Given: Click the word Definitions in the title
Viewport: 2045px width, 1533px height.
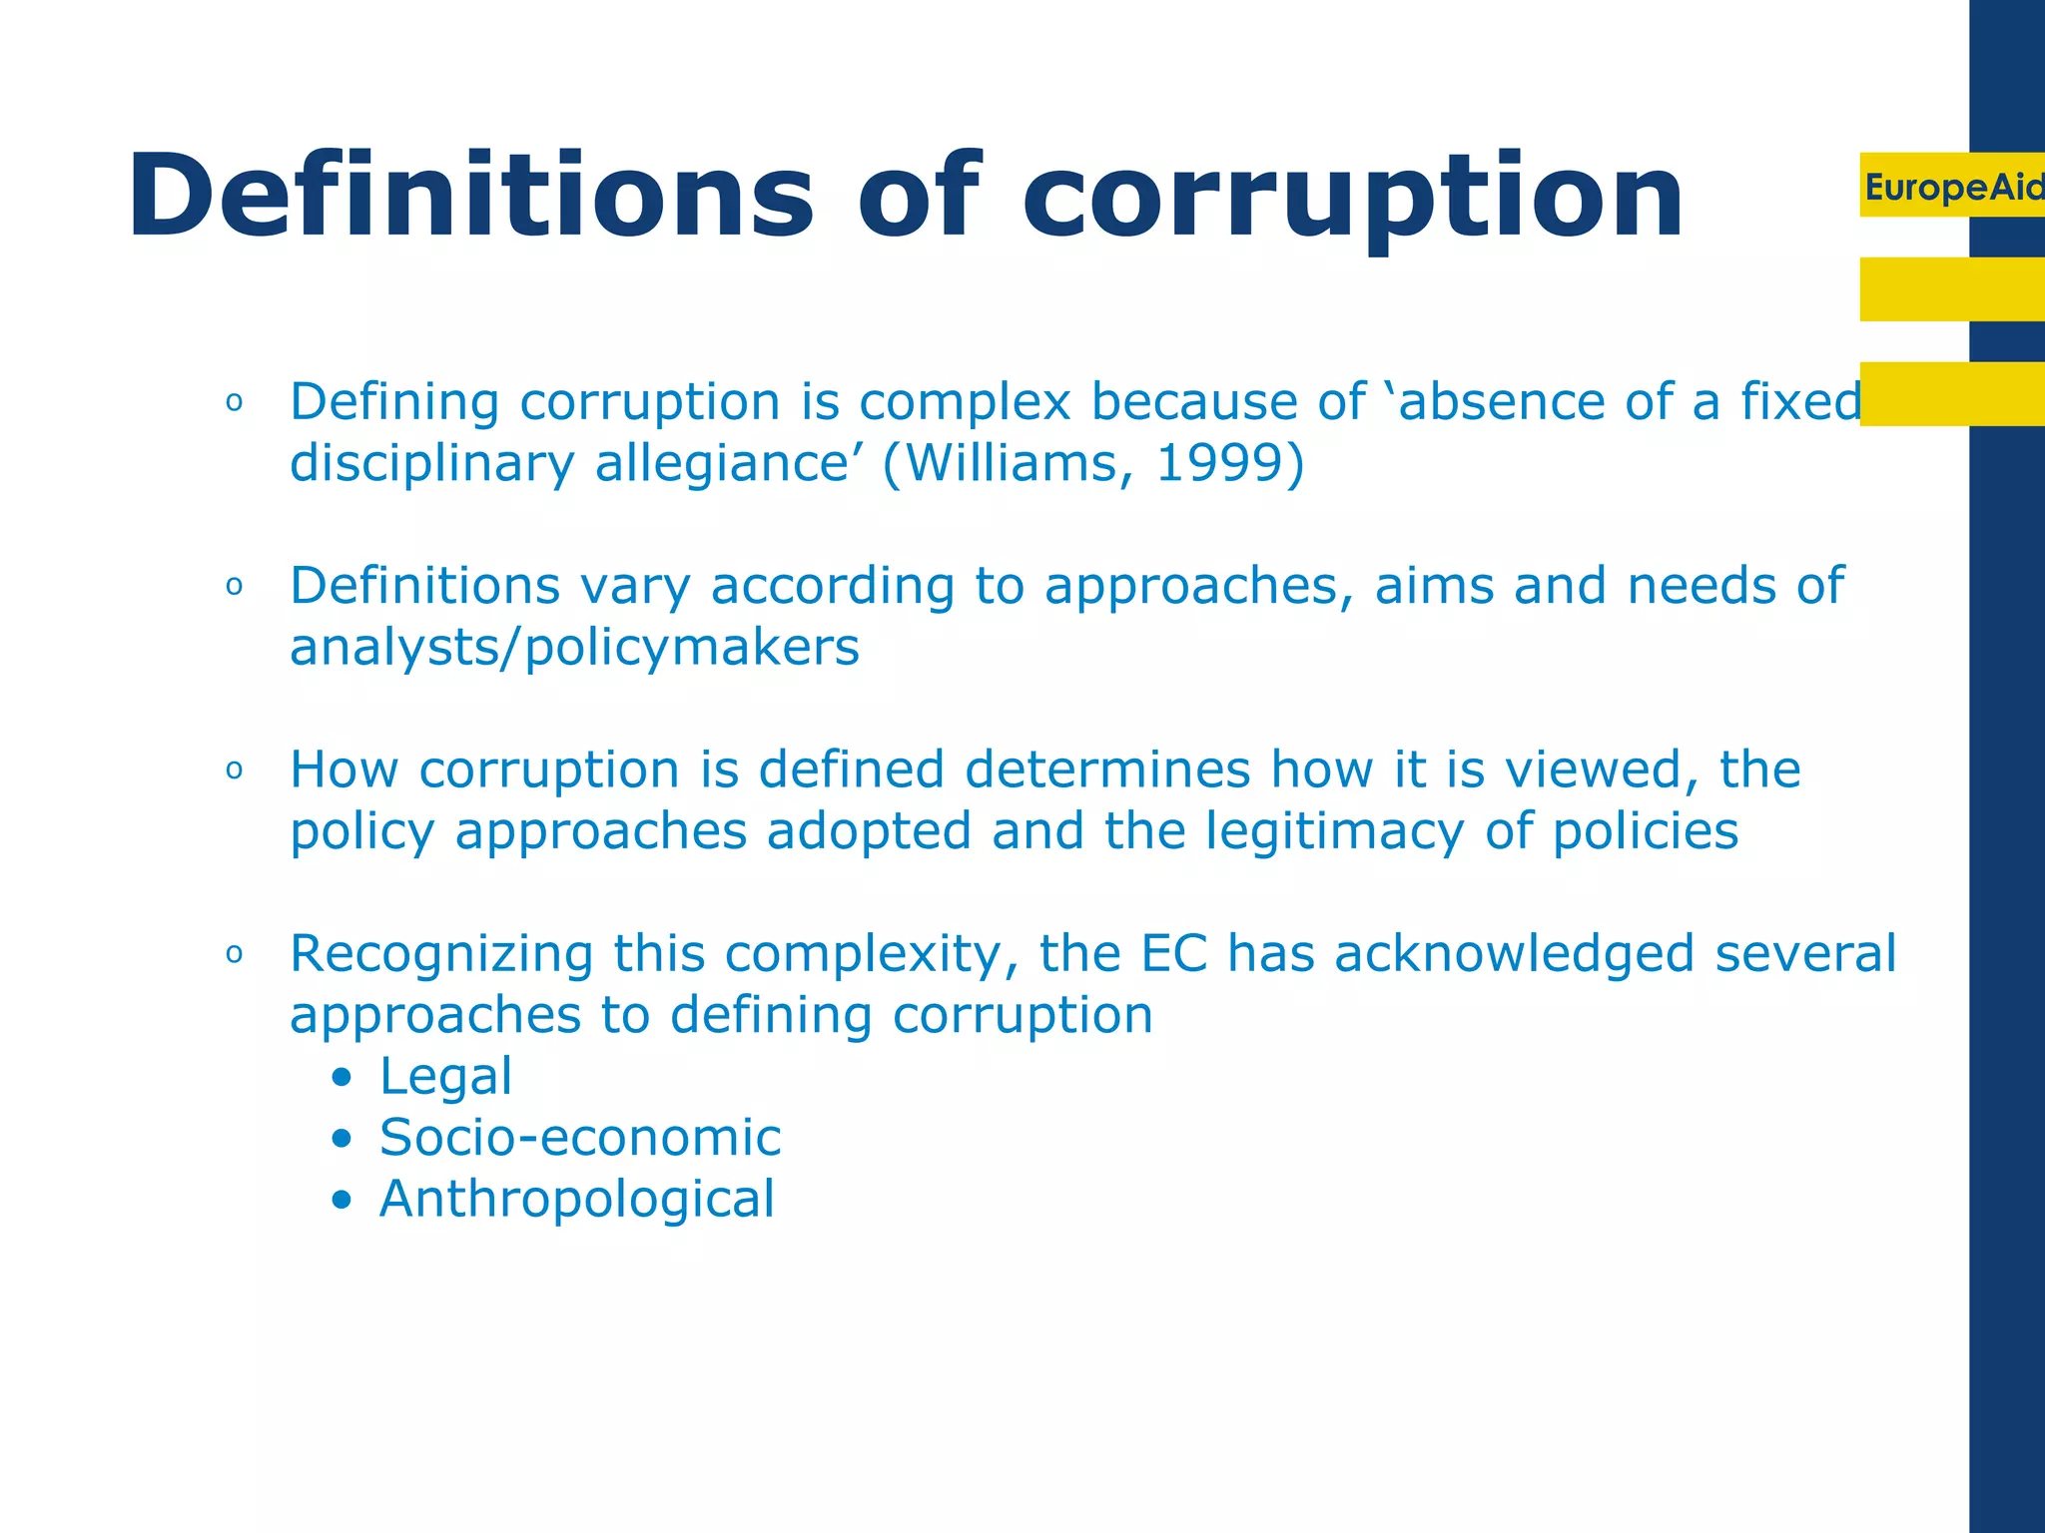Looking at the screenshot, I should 470,196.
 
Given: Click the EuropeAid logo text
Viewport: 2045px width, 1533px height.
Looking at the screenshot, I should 1953,187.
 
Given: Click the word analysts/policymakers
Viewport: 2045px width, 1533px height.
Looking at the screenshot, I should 574,648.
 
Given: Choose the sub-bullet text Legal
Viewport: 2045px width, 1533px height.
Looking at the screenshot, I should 445,1077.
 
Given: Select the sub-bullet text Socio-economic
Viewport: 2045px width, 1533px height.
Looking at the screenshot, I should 580,1138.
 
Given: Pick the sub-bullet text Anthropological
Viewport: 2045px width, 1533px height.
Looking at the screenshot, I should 577,1199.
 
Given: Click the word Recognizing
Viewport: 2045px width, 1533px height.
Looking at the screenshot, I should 441,955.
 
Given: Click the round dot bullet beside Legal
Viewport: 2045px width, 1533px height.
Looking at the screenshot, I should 342,1078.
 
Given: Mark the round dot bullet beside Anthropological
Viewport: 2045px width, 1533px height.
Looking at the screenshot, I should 342,1200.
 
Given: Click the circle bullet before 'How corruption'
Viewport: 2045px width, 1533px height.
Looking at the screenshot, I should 235,770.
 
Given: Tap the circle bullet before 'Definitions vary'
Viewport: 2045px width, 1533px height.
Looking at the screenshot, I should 235,587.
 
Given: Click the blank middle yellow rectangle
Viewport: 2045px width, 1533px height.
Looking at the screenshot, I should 1951,289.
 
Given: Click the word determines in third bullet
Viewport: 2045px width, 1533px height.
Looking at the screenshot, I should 1107,769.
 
